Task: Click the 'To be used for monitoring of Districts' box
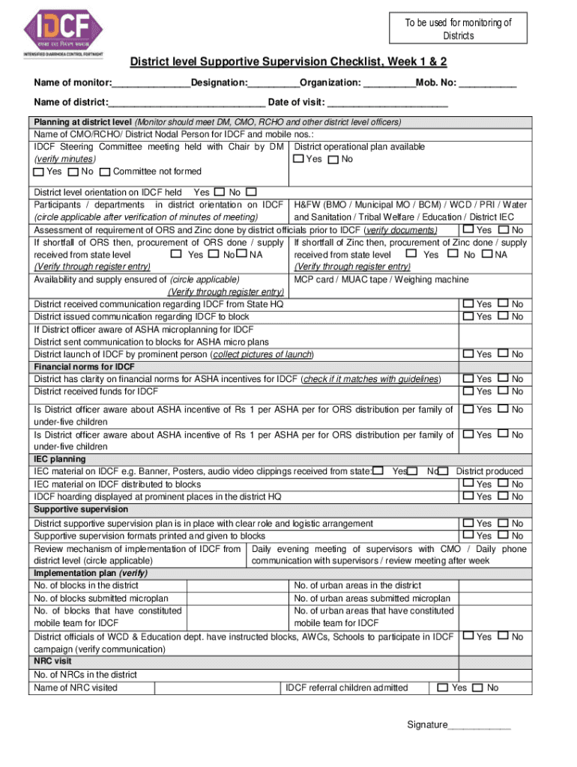tap(458, 28)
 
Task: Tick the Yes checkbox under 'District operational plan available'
tap(299, 159)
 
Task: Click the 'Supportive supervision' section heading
tap(80, 509)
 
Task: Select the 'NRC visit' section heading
tap(52, 662)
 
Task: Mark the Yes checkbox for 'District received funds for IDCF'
tap(468, 391)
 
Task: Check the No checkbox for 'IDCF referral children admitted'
tap(478, 688)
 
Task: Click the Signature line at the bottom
tap(479, 725)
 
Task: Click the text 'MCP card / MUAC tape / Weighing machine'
tap(381, 279)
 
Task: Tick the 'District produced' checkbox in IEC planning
tap(444, 471)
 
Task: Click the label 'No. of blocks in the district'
tap(86, 586)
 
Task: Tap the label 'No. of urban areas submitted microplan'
tap(372, 598)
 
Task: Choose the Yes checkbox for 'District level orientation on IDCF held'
tap(220, 192)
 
